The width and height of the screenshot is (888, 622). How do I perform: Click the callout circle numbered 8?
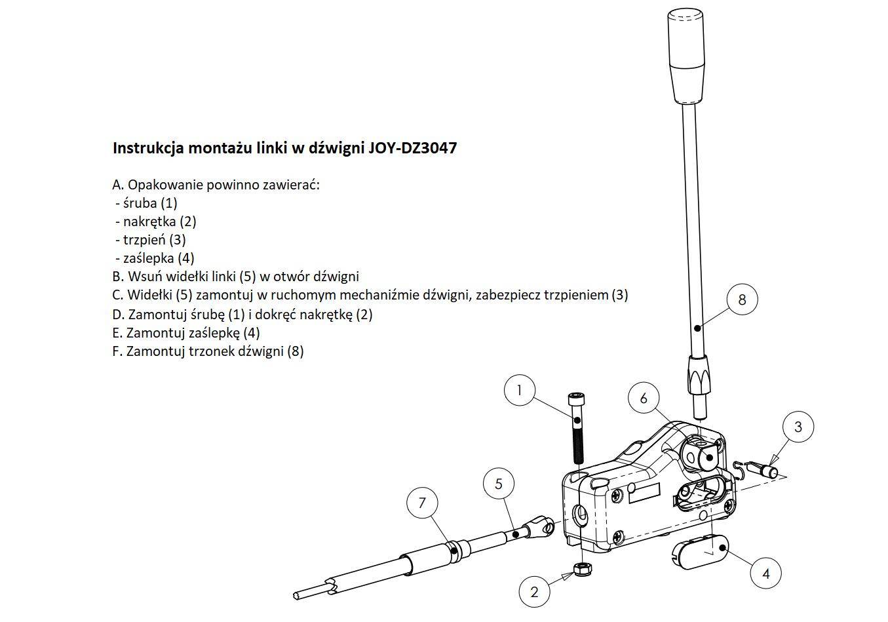[x=742, y=300]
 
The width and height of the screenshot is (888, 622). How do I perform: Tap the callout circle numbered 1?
[x=519, y=390]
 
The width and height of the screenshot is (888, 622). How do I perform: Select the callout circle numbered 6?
[x=644, y=398]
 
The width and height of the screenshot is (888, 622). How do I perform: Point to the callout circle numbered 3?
[x=798, y=427]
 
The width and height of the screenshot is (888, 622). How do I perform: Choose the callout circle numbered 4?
[x=765, y=573]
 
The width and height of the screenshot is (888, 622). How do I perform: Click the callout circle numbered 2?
[x=534, y=592]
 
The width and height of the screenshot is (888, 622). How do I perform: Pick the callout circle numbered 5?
[x=499, y=483]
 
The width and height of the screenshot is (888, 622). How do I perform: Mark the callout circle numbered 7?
[x=422, y=503]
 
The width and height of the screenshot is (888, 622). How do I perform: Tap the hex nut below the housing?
[x=583, y=570]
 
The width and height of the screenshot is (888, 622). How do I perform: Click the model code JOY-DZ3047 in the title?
[x=413, y=147]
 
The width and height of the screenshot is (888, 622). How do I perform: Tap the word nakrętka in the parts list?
[x=149, y=222]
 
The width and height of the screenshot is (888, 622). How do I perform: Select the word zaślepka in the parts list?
[x=149, y=258]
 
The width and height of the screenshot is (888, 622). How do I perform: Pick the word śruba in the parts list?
[x=140, y=203]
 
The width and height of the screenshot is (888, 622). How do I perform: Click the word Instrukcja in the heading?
[x=148, y=147]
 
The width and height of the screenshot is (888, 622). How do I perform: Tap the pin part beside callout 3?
[x=762, y=470]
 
